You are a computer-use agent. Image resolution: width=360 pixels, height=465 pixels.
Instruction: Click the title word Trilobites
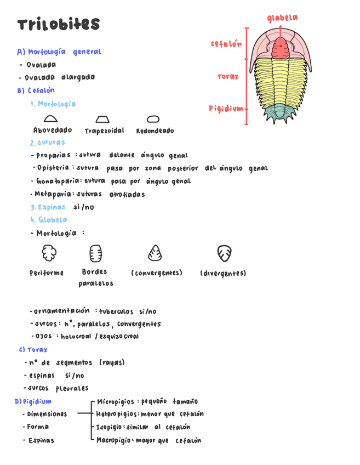(58, 25)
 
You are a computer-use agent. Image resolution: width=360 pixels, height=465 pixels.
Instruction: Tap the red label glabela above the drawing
(282, 18)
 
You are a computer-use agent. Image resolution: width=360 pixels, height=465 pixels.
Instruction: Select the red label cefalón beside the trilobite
(226, 43)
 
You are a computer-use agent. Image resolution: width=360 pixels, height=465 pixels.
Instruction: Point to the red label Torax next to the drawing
(228, 77)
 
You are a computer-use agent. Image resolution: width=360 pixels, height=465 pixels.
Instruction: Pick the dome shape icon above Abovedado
(50, 118)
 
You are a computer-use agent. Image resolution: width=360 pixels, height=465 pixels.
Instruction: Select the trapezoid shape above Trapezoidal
(102, 119)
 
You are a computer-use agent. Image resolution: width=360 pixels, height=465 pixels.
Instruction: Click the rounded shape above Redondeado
(153, 118)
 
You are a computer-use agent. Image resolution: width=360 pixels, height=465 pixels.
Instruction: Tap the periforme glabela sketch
(49, 253)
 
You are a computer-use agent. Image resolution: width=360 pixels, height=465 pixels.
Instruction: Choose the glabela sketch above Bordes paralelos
(95, 253)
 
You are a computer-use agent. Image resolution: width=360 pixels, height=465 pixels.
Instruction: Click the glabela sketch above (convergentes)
(155, 253)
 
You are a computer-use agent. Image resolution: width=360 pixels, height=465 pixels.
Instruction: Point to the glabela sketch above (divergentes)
(224, 253)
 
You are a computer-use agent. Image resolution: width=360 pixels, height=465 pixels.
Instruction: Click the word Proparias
(54, 155)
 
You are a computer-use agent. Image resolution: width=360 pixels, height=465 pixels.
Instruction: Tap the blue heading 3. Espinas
(50, 207)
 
